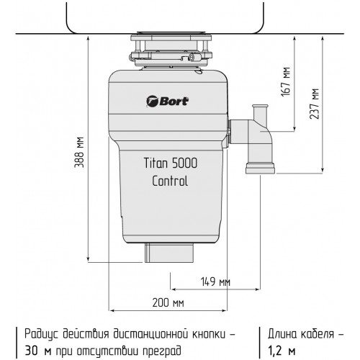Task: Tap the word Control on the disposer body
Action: pos(170,181)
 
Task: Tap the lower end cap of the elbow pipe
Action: pos(261,168)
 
